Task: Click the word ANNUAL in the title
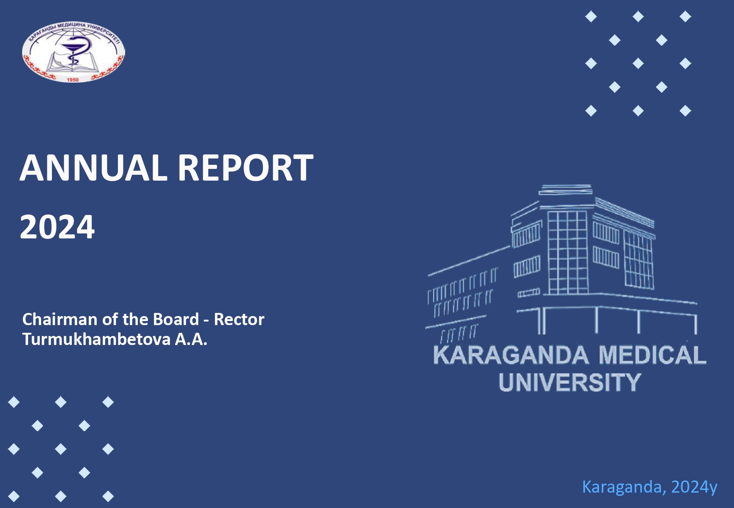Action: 94,168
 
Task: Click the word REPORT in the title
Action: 246,168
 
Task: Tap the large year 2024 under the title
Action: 57,227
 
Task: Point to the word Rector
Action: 239,319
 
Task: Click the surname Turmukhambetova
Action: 96,339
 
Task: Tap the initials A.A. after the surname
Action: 191,339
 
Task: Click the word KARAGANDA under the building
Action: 511,355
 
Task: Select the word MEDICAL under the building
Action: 652,355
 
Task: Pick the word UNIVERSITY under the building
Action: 570,382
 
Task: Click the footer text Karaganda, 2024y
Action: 650,487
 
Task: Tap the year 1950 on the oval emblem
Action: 72,79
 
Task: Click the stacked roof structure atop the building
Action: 566,190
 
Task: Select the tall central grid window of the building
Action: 568,252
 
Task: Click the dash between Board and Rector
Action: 206,321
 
